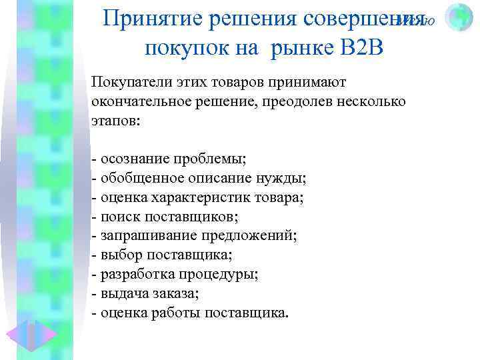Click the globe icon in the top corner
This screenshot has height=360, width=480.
459,18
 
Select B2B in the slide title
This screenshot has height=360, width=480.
361,47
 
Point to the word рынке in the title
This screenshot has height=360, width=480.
301,47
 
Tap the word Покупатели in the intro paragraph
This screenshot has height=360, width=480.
127,82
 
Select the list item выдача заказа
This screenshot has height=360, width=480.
151,293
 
